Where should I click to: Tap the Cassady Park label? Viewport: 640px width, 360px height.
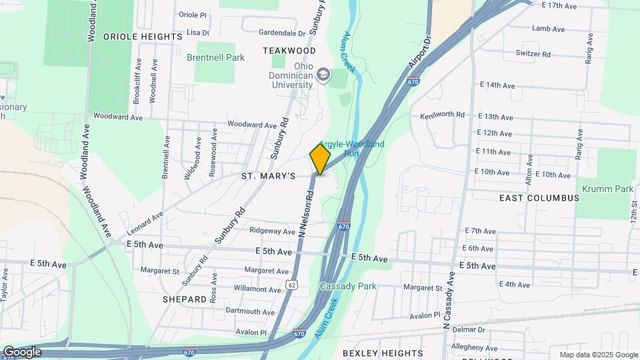[x=348, y=286]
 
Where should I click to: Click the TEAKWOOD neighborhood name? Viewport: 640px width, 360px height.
[x=289, y=51]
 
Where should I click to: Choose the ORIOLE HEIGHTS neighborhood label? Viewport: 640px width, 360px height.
[x=143, y=36]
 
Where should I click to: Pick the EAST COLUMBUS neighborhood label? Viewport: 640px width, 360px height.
[x=539, y=198]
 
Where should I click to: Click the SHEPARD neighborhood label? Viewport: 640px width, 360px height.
[x=185, y=299]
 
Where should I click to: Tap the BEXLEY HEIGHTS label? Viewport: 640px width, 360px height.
[x=383, y=353]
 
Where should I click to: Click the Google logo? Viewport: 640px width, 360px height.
[x=21, y=352]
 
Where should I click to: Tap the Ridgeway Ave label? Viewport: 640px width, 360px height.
[x=272, y=231]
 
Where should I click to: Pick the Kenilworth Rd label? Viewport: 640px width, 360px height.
[x=443, y=115]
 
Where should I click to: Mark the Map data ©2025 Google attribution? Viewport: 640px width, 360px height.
[x=598, y=355]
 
